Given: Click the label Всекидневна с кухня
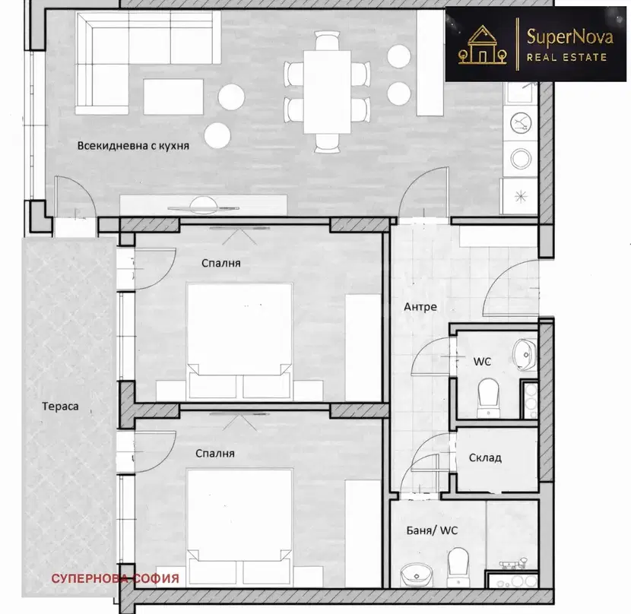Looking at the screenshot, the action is pos(133,146).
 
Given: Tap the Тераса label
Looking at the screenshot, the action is pos(60,407).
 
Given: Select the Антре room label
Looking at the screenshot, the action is pos(420,307).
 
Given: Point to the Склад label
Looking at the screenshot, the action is pos(485,458).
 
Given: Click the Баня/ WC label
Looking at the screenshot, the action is pos(433,530).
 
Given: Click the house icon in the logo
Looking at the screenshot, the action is pos(482,45).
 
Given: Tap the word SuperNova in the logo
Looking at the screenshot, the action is pos(570,37).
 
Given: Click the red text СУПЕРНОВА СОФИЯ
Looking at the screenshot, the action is pos(115,578).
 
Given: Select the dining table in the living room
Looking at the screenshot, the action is pos(327,92).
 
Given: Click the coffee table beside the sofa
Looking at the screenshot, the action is pos(173,97).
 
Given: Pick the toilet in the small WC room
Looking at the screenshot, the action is pos(489,397).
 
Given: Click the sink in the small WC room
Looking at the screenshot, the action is pos(525,355).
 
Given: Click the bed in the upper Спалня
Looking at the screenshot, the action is pos(239,342).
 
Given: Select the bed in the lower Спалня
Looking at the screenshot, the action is pos(239,528).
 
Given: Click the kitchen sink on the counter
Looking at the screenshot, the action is pos(521,123).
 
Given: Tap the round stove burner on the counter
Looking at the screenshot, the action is pos(521,159).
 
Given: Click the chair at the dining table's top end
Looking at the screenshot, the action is pos(328,40).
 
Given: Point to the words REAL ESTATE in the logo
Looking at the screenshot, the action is pos(566,57).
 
